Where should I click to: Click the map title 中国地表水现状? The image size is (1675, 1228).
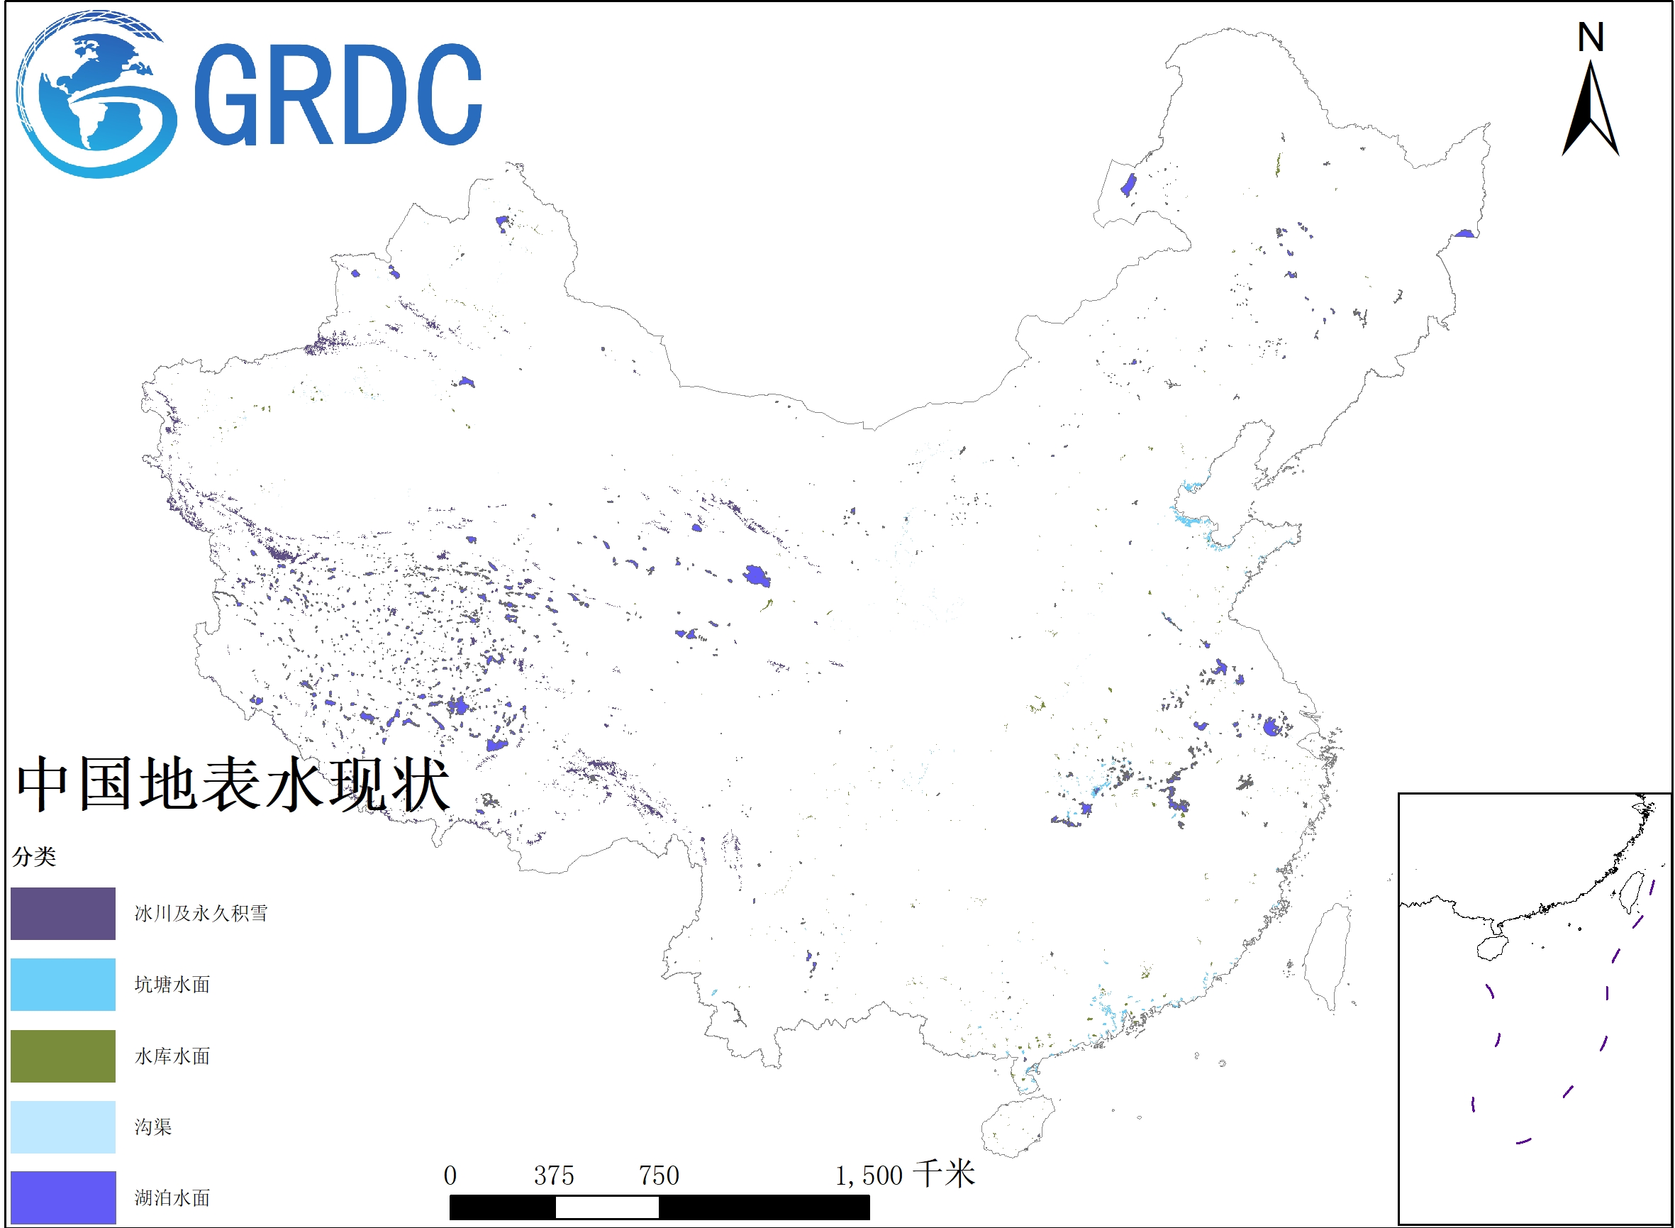[233, 784]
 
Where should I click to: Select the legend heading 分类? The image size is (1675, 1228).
[34, 857]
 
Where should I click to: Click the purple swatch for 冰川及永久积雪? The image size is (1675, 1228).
[63, 914]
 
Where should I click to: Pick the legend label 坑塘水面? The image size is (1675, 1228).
[172, 985]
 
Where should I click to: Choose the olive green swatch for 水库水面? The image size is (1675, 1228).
[63, 1056]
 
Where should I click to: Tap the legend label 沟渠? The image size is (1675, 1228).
[153, 1127]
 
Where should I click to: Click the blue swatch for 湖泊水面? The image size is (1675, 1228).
[63, 1197]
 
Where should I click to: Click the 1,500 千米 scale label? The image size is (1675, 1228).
[904, 1176]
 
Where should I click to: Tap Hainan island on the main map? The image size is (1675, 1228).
[1017, 1124]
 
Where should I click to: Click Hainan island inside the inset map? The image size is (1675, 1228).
[1491, 948]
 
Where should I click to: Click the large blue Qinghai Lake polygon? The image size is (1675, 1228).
[757, 575]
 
